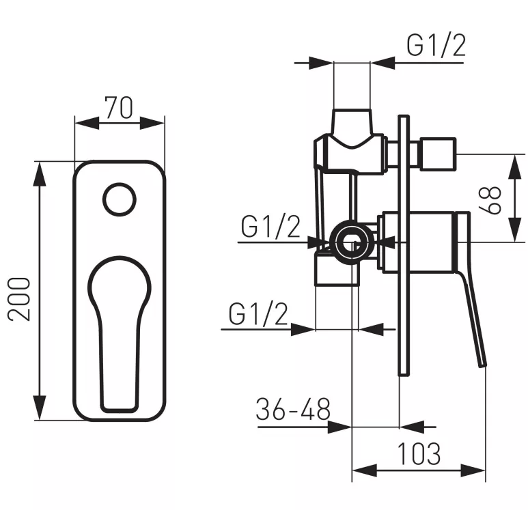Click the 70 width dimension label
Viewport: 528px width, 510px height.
(x=119, y=107)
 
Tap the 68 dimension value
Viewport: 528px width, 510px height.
(x=495, y=199)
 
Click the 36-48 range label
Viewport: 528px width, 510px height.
(x=293, y=410)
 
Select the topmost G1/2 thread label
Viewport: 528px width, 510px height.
(x=436, y=46)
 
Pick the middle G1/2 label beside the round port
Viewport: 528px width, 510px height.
(x=270, y=226)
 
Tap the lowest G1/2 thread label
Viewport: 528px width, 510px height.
(x=258, y=314)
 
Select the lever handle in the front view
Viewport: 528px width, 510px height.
(x=119, y=328)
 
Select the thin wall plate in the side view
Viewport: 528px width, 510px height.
(x=403, y=246)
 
